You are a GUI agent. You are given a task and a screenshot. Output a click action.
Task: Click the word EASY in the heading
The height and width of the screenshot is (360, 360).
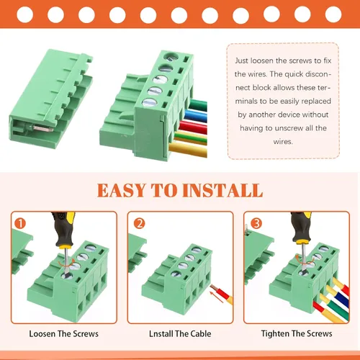[121, 190]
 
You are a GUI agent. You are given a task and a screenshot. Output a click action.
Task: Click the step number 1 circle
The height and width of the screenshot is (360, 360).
[20, 223]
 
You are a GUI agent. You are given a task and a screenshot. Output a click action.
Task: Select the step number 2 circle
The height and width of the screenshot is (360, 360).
[139, 223]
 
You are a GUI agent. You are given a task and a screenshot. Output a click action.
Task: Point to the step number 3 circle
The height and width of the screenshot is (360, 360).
[256, 223]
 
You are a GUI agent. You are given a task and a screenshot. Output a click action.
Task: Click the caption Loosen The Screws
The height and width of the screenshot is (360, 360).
[63, 334]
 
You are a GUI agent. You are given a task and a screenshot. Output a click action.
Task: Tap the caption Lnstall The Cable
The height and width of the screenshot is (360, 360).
[180, 334]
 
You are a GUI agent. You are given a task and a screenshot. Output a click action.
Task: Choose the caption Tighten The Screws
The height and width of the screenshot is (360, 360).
[297, 333]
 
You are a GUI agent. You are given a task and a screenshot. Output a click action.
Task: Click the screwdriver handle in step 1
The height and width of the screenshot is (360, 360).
[63, 229]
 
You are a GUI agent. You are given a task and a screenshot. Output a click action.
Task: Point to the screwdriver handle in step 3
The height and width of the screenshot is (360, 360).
[301, 227]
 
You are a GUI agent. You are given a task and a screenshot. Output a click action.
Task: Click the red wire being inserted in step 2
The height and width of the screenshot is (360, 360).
[221, 293]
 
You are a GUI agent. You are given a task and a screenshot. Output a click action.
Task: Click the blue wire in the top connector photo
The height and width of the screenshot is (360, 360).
[196, 116]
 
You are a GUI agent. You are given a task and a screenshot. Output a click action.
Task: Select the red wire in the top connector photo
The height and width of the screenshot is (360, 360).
[193, 127]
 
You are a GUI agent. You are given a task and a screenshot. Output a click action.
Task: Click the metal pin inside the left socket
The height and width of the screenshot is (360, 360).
[42, 128]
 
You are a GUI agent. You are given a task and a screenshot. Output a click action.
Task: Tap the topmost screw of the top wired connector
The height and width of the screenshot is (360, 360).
[171, 57]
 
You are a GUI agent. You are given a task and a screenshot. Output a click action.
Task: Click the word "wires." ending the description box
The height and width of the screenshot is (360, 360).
[283, 141]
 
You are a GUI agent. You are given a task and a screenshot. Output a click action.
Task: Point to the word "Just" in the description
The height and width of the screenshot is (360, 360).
[241, 60]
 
